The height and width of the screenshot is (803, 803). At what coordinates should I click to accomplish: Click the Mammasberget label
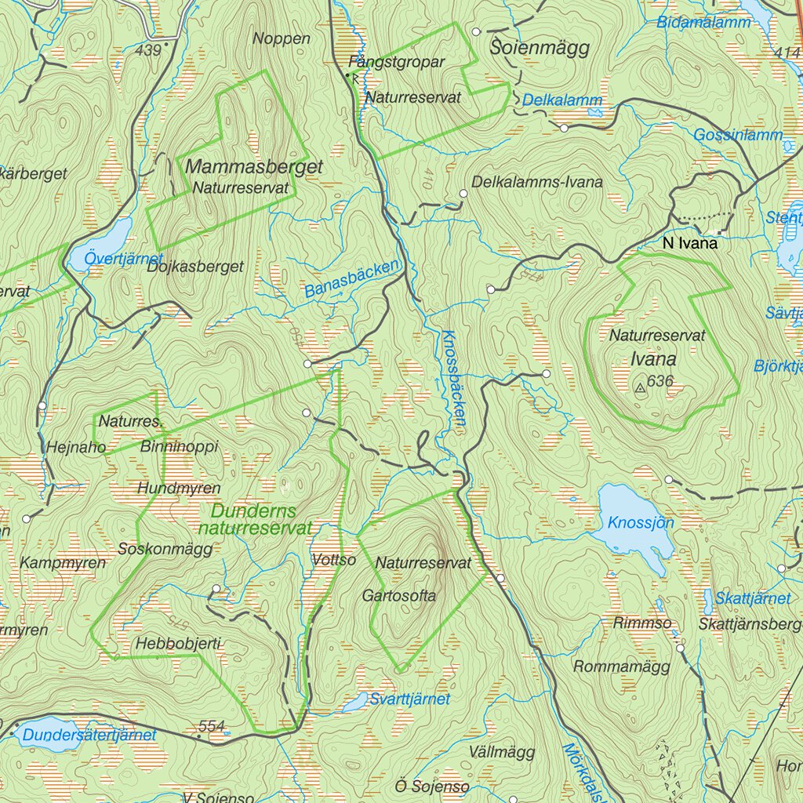(254, 167)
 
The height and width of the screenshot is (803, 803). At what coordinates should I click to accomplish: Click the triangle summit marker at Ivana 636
(641, 387)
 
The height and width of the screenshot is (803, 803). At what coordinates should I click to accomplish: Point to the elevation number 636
(662, 381)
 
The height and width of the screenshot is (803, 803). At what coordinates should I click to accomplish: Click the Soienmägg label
(540, 49)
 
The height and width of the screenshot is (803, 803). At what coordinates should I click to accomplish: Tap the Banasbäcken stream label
(352, 279)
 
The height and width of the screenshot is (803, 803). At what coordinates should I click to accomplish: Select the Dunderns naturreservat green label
(254, 519)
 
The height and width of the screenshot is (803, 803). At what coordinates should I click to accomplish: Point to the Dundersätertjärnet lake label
(89, 736)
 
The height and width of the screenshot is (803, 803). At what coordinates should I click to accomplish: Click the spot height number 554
(212, 727)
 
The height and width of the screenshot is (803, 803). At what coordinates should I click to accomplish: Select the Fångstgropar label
(397, 61)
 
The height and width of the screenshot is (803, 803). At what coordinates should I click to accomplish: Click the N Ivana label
(689, 244)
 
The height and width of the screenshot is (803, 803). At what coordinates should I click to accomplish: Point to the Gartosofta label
(398, 596)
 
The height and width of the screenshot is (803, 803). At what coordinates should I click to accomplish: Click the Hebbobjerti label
(178, 644)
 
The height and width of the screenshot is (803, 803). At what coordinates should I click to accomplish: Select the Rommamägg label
(622, 667)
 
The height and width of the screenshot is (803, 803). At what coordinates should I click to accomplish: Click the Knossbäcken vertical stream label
(454, 377)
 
